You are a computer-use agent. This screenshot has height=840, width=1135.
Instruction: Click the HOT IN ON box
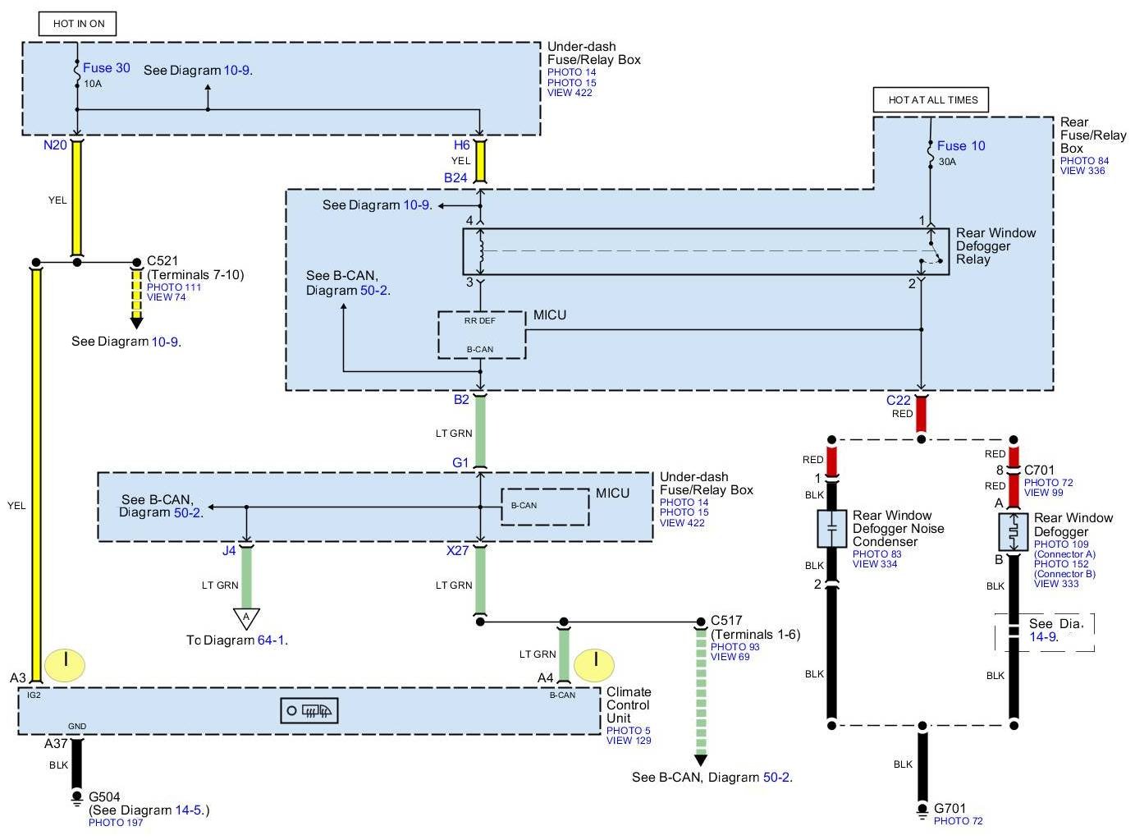tap(78, 24)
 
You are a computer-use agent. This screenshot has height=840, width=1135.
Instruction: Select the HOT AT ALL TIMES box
tap(931, 100)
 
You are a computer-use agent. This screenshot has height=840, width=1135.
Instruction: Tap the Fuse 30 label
tap(107, 67)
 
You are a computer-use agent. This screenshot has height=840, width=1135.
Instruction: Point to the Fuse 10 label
tap(960, 146)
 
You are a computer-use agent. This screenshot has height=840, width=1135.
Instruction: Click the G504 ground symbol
tap(77, 798)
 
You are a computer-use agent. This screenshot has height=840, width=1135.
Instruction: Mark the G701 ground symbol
tap(922, 810)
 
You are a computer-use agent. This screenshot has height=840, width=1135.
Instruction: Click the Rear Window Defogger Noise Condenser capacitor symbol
tap(831, 529)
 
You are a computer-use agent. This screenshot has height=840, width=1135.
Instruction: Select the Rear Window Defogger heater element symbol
tap(1014, 531)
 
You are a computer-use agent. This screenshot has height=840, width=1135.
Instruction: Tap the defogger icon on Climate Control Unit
tap(309, 711)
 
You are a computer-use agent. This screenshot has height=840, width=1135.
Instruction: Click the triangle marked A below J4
tap(246, 618)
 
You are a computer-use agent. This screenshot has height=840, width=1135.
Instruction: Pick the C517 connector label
tap(726, 620)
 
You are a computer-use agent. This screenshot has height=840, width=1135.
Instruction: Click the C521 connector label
tap(162, 261)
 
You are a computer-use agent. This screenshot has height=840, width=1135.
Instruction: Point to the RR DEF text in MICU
tap(479, 320)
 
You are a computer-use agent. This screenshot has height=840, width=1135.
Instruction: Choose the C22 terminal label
tap(898, 400)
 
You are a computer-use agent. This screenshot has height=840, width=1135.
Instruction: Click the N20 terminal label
tap(55, 145)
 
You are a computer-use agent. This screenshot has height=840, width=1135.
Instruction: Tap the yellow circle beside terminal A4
tap(593, 665)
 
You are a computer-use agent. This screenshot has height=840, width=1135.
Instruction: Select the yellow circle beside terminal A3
tap(65, 665)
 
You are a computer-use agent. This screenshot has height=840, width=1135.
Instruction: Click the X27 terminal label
tap(457, 551)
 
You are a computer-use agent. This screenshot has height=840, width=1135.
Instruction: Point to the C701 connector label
tap(1039, 470)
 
